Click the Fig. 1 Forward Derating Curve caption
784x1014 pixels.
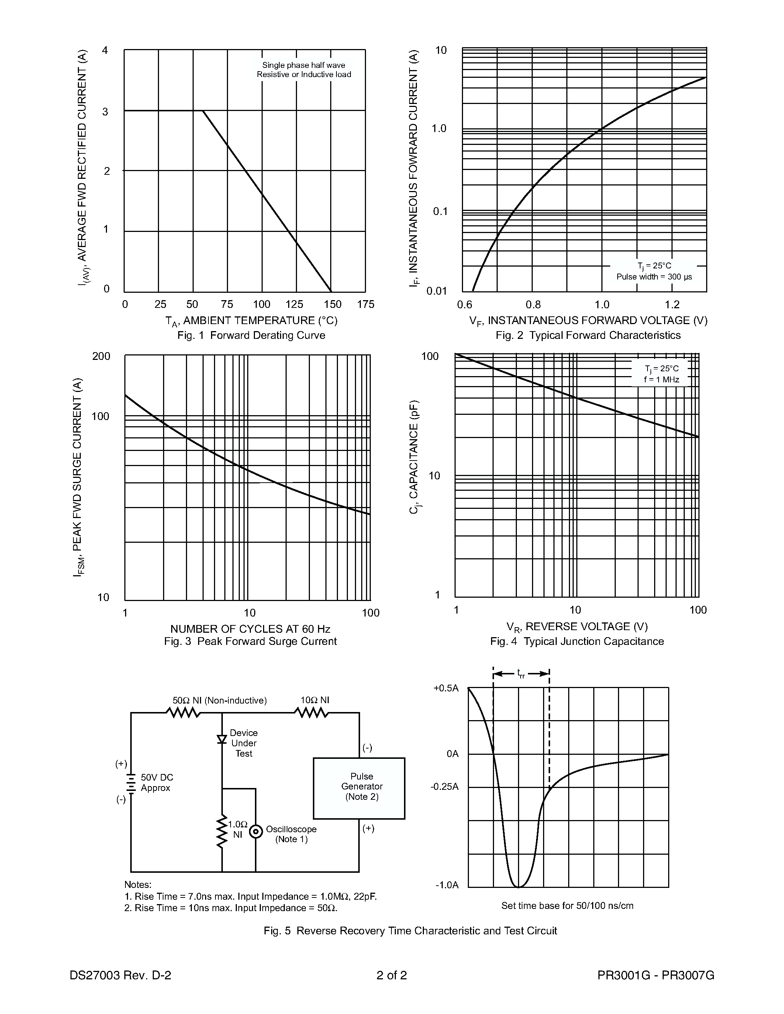251,335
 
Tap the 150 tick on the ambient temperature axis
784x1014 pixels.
332,305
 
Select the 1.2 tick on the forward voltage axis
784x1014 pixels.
671,305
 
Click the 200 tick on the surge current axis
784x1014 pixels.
101,357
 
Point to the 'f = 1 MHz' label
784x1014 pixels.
662,380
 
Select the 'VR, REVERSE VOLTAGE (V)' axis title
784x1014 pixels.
577,627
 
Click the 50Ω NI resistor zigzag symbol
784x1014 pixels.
183,712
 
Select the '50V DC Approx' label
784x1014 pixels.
156,782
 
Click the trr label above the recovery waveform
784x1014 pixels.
521,674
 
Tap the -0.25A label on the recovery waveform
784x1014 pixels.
445,786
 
